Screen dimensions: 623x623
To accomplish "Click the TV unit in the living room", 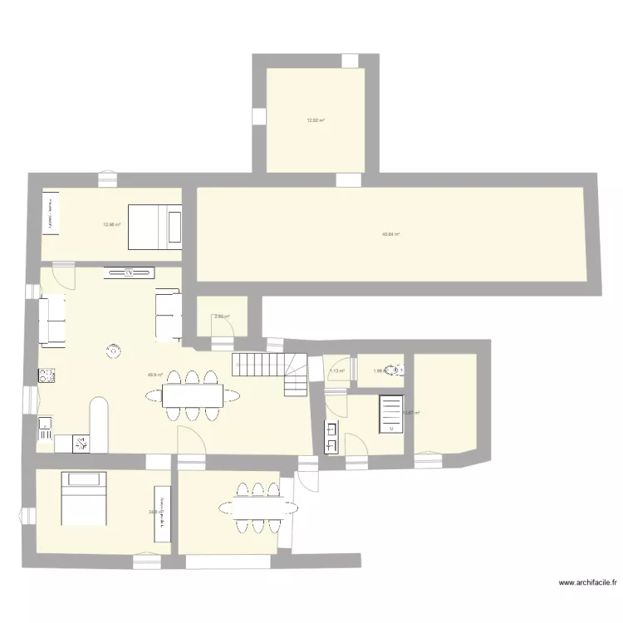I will (x=130, y=272).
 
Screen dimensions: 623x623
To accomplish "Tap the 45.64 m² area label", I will (x=390, y=235).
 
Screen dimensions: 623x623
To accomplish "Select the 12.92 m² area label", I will (x=315, y=120).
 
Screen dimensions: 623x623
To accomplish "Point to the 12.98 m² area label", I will (x=112, y=223).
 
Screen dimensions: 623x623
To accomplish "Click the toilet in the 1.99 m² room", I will (x=397, y=372).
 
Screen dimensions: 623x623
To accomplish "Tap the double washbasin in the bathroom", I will (x=331, y=438).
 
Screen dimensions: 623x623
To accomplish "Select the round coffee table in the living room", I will (x=112, y=351).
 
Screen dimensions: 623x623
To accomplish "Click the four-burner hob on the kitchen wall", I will (x=47, y=375).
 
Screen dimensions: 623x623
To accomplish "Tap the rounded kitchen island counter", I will (x=100, y=425).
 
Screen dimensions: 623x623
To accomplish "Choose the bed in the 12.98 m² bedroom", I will (x=155, y=226).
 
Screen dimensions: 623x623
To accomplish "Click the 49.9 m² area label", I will (x=155, y=375).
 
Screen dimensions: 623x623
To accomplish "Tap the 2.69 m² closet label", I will (x=222, y=316).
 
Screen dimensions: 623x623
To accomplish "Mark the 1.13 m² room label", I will (x=336, y=371).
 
